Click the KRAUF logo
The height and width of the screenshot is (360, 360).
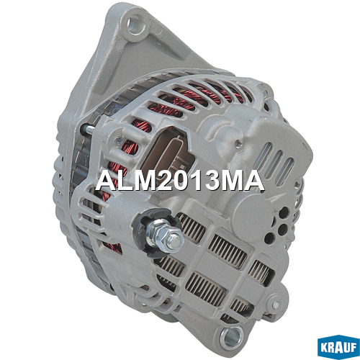click(x=338, y=347)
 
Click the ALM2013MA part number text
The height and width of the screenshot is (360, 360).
click(x=180, y=181)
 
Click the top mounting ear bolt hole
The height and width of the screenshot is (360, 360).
click(x=137, y=24)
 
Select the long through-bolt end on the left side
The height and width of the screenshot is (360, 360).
click(x=86, y=130)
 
